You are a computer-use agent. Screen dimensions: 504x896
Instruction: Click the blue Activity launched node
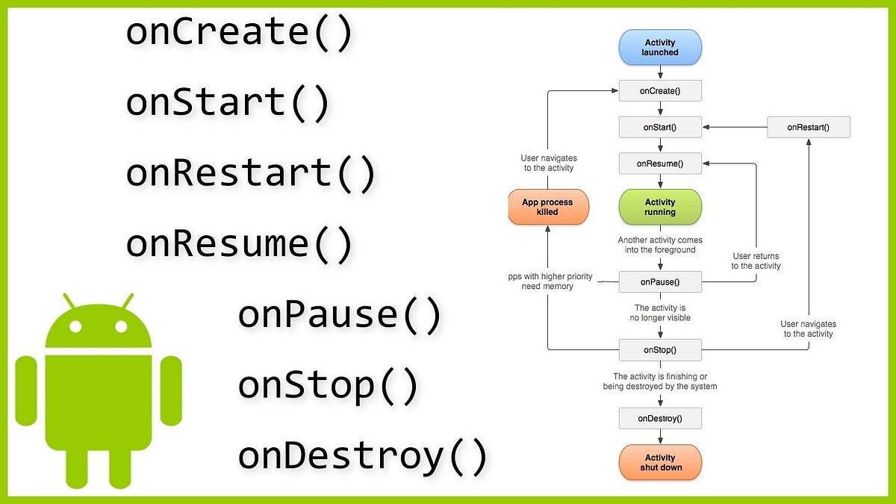660,47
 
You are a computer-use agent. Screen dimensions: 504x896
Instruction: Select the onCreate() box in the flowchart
660,91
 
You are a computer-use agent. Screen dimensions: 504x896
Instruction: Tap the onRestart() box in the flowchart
808,127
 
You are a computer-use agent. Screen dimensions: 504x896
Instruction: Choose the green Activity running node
660,207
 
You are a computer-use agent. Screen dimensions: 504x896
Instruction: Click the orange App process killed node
548,207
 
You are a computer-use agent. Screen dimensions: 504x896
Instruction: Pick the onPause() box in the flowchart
660,282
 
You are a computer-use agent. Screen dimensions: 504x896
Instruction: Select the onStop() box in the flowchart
660,349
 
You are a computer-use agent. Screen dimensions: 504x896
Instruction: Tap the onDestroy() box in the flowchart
660,418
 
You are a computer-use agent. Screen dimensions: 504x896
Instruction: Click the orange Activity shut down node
660,462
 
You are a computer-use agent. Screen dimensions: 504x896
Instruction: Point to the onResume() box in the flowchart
660,163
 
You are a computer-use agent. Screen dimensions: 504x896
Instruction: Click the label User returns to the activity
756,261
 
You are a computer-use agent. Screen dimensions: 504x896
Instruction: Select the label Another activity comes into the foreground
660,245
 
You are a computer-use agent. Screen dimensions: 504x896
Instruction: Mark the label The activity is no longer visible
660,313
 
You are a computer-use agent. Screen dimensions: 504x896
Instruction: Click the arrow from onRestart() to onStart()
735,127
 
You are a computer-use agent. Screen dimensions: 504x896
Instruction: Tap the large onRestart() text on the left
250,172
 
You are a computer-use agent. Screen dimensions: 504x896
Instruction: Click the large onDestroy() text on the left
362,455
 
